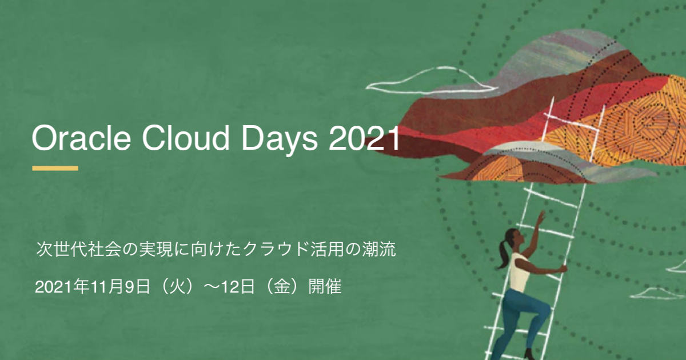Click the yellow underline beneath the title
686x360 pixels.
pos(55,168)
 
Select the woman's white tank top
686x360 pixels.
pos(519,273)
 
